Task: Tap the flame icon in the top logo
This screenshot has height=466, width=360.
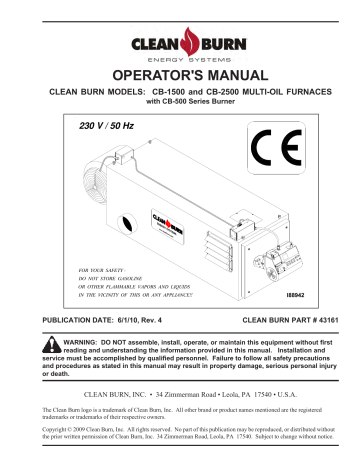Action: (x=179, y=43)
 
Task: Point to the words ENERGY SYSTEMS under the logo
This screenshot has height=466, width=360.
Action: (x=180, y=59)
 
